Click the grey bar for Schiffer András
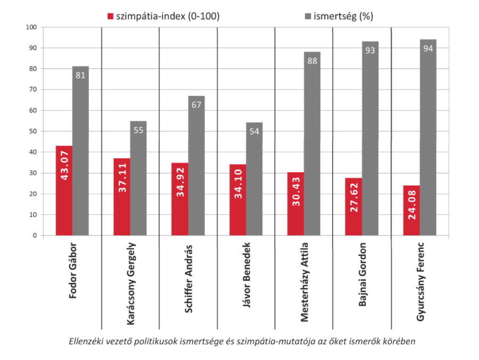(196, 165)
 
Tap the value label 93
(370, 51)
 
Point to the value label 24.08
(411, 210)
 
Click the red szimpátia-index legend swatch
(111, 16)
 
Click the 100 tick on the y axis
(31, 27)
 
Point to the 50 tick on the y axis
(33, 131)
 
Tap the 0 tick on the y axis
(35, 236)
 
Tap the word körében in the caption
(398, 341)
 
